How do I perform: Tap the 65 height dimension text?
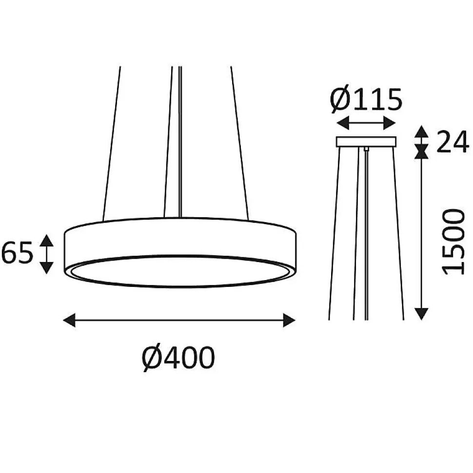coord(17,253)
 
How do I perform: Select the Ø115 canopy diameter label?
coord(366,99)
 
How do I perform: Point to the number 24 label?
coord(453,141)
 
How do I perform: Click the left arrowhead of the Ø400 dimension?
coord(69,320)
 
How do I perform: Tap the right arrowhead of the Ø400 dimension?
coord(289,320)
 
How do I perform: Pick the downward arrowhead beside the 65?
coord(46,268)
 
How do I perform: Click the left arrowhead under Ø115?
coord(342,123)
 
